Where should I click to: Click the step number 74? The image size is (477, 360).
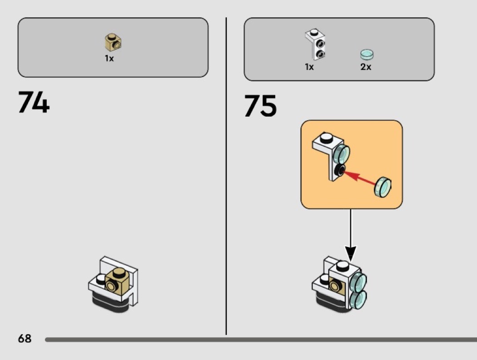pyautogui.click(x=34, y=102)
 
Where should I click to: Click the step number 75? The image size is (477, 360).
pyautogui.click(x=260, y=105)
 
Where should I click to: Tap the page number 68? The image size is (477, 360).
pyautogui.click(x=25, y=338)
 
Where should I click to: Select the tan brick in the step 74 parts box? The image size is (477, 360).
pyautogui.click(x=113, y=42)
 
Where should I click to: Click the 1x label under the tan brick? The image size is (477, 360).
pyautogui.click(x=109, y=58)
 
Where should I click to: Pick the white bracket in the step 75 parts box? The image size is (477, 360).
pyautogui.click(x=315, y=44)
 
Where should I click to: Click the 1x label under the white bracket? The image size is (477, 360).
pyautogui.click(x=309, y=67)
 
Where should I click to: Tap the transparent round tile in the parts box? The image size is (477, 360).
pyautogui.click(x=367, y=54)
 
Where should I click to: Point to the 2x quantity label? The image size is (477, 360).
pyautogui.click(x=366, y=67)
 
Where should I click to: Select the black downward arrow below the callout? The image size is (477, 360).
pyautogui.click(x=350, y=235)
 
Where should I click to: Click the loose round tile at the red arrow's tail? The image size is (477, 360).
pyautogui.click(x=383, y=187)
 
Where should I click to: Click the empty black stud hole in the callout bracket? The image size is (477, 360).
pyautogui.click(x=339, y=171)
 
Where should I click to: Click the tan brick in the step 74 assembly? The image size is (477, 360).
pyautogui.click(x=117, y=281)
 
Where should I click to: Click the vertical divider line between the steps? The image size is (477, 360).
pyautogui.click(x=226, y=176)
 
